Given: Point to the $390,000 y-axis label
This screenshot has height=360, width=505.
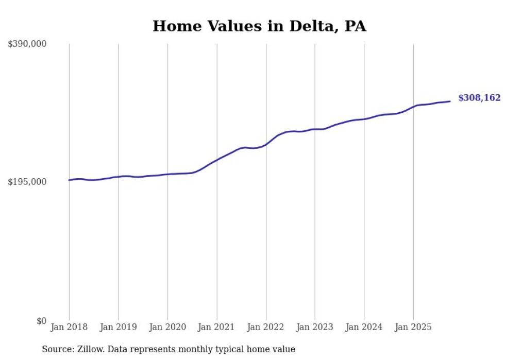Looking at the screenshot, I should (27, 44).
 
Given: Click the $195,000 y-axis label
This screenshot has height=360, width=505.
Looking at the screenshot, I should (27, 182).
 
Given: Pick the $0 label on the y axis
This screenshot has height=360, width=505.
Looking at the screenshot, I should (41, 321).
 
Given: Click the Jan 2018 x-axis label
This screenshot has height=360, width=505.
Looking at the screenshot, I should (69, 327).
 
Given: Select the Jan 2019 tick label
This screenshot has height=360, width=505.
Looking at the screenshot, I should (119, 327).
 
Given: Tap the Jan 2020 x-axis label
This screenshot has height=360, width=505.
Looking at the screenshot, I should (167, 327).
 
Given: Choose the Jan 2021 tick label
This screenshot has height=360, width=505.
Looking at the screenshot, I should (216, 327).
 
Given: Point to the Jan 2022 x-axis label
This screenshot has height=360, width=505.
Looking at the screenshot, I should (266, 327).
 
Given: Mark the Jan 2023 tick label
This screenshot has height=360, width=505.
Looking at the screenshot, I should (315, 327).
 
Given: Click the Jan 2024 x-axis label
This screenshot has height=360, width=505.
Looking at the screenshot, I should (364, 327).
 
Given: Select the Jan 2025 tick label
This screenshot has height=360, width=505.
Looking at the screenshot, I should (413, 327).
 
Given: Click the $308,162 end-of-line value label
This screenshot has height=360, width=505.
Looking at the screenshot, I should (479, 98).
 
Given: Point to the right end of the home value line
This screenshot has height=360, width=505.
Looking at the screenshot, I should (450, 101).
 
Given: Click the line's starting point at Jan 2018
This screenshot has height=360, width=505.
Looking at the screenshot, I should (69, 180).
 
